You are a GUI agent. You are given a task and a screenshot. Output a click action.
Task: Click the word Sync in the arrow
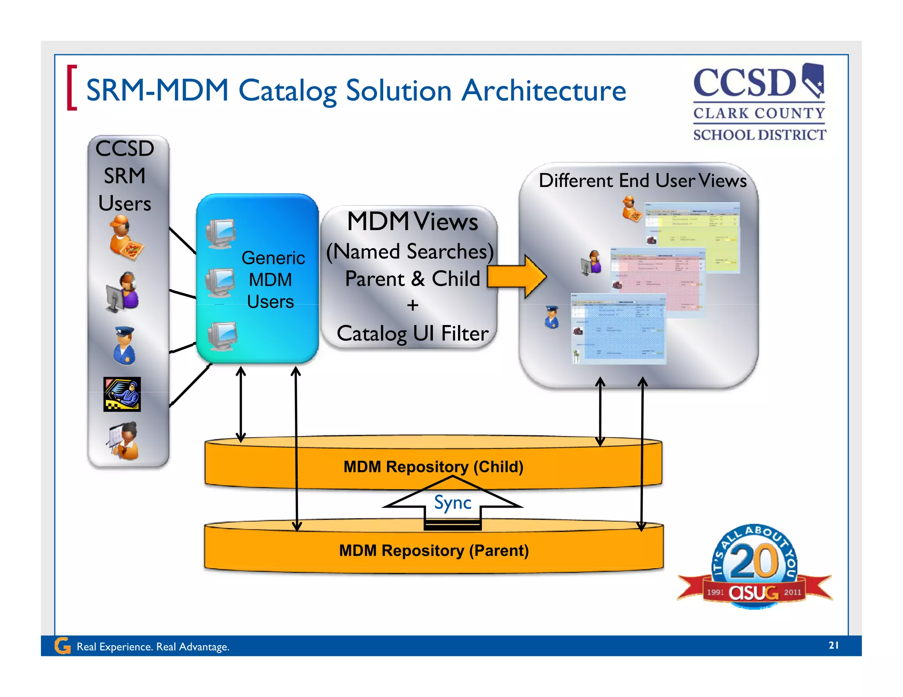tap(452, 502)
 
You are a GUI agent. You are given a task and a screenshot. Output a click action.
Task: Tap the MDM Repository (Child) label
tap(433, 467)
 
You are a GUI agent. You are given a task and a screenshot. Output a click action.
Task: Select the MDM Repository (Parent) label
tap(433, 550)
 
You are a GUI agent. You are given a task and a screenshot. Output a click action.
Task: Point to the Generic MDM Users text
tap(272, 279)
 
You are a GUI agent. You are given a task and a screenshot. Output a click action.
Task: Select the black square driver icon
tap(122, 394)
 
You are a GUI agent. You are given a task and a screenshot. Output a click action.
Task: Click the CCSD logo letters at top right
tap(745, 83)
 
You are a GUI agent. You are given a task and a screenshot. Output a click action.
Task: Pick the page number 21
tap(833, 645)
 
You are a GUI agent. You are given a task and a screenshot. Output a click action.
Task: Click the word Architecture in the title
tap(544, 91)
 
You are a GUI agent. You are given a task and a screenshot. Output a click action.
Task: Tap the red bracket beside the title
tap(71, 88)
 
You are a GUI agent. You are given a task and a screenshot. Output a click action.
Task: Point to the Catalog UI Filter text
tap(412, 334)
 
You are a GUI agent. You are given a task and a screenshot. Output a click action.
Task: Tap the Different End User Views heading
tap(642, 181)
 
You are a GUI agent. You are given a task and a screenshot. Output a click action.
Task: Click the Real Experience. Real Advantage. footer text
tap(153, 646)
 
